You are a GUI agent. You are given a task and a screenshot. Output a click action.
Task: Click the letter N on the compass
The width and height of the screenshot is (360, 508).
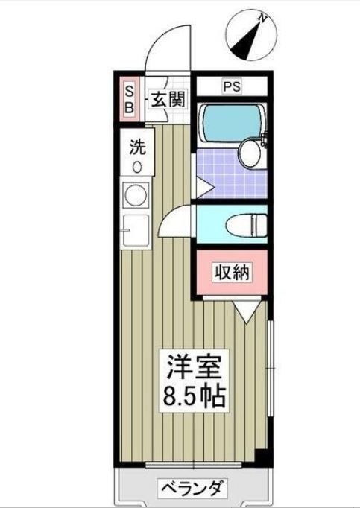point(261,17)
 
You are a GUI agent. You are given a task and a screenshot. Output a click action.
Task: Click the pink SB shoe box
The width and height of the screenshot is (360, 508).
point(128,98)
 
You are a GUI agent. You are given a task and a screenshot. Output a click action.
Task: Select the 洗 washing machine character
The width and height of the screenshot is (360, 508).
point(137,147)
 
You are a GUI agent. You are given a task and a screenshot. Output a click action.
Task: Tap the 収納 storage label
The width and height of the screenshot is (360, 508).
point(232,273)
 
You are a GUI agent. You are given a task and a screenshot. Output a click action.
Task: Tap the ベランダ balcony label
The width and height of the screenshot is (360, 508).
point(193,489)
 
